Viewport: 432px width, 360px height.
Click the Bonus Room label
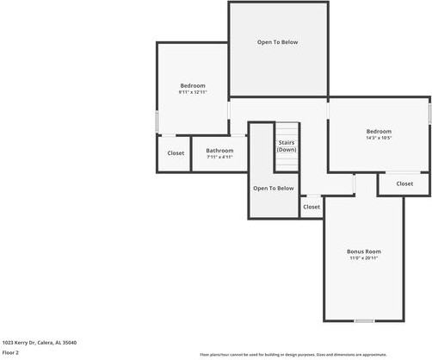(363, 251)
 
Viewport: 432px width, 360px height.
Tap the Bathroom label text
(219, 151)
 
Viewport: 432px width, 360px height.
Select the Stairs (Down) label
(287, 146)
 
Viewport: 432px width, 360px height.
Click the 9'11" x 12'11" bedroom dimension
(193, 91)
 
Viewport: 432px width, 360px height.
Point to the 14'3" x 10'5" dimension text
(379, 138)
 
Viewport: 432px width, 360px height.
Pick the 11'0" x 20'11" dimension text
(363, 258)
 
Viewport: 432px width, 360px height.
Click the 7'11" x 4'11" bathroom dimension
(219, 157)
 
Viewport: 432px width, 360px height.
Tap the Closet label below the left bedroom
(176, 153)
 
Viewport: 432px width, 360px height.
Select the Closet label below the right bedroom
(404, 183)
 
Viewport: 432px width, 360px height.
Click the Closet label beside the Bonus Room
(312, 207)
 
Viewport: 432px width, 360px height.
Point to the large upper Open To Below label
(278, 42)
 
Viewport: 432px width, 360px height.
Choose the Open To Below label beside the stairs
(273, 188)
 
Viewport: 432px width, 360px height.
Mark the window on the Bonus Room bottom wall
(364, 320)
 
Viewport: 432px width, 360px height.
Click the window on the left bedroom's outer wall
(157, 121)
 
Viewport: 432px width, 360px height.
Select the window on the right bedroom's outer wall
(429, 112)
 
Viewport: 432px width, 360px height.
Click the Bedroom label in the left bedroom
(193, 85)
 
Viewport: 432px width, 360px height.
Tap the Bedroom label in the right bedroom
(379, 131)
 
